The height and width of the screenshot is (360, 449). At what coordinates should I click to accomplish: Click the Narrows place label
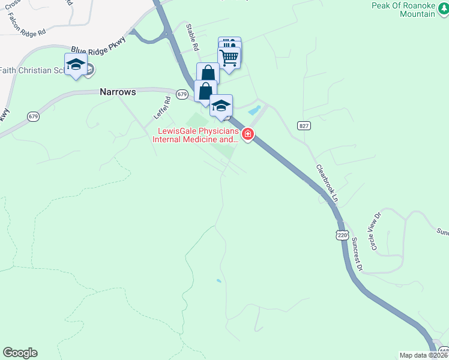118,92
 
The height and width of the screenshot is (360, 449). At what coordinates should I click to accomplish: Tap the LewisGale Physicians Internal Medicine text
196,135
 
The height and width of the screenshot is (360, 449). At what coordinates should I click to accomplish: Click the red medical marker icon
247,133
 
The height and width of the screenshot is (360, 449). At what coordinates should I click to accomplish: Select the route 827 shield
303,125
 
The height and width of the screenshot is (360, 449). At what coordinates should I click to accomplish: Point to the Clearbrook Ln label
328,182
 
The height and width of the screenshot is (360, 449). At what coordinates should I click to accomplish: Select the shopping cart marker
229,58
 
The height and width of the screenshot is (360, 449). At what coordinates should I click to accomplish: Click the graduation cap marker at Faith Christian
76,64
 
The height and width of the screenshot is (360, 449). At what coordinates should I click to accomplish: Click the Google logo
20,353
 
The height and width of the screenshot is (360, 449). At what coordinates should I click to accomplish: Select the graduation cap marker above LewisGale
221,105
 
